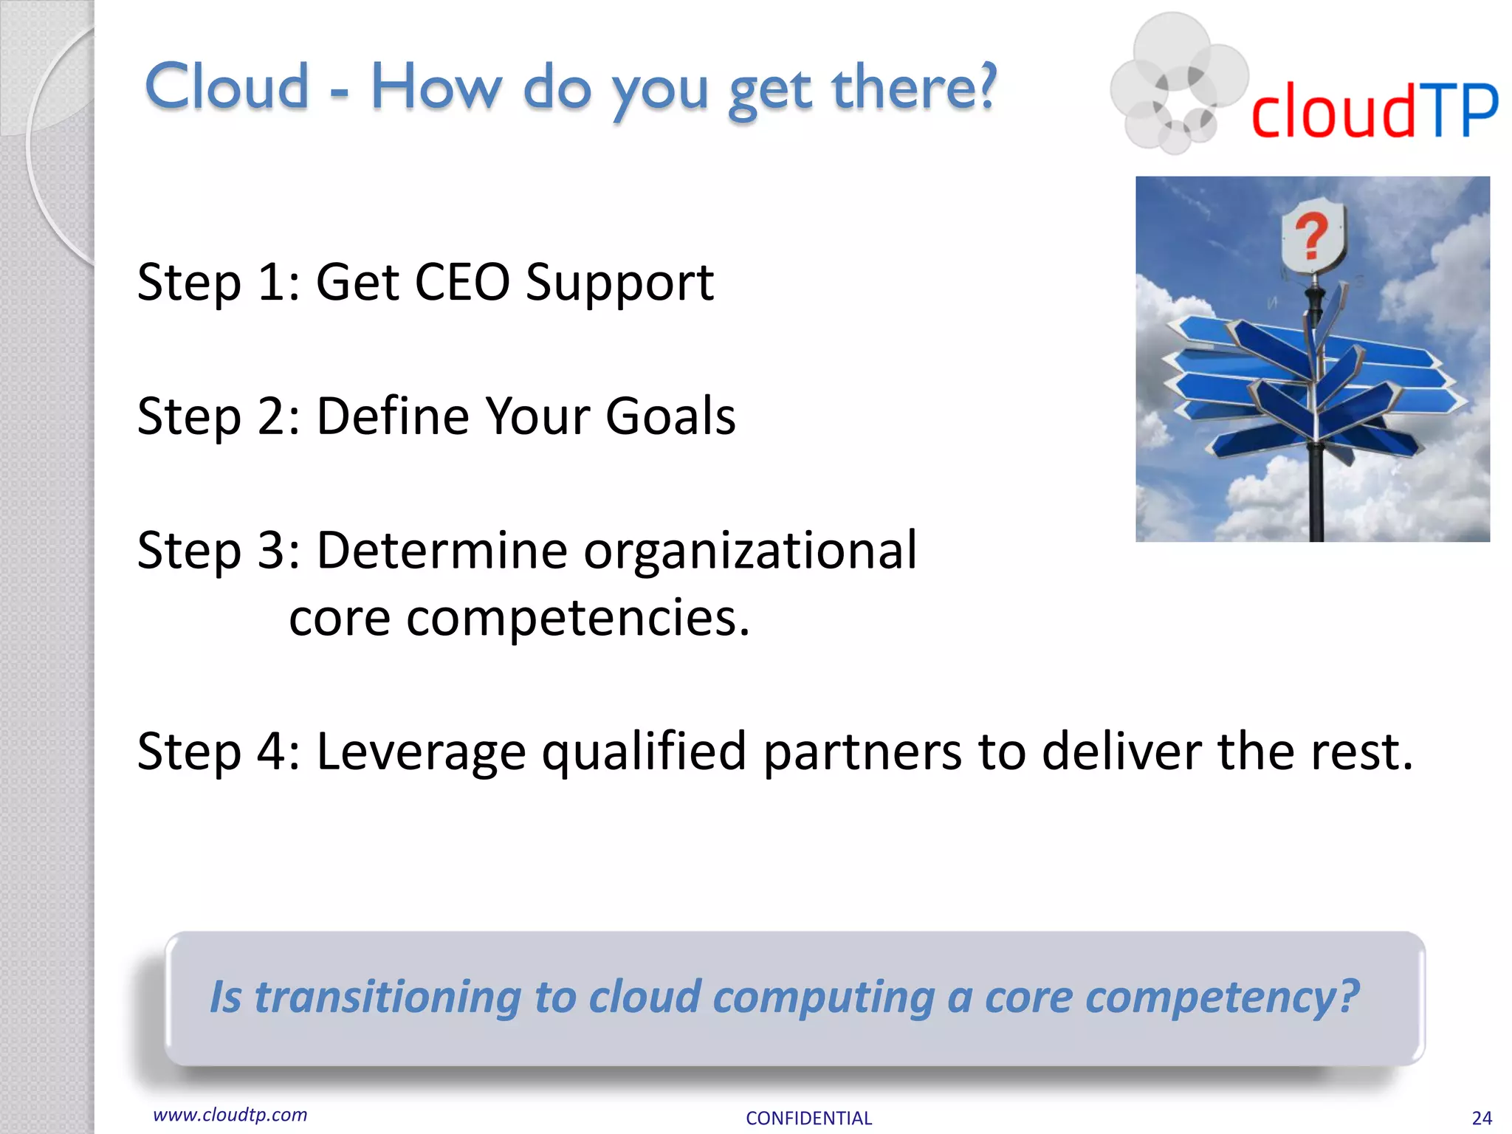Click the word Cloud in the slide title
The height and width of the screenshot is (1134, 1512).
click(227, 86)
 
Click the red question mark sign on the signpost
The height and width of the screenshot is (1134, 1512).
click(1312, 236)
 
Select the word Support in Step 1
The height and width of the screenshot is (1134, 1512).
click(619, 283)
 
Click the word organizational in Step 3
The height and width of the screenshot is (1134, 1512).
click(750, 551)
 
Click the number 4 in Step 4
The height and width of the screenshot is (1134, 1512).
click(271, 752)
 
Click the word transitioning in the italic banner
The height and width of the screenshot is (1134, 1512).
click(388, 997)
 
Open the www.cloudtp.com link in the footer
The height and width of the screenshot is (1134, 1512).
click(230, 1115)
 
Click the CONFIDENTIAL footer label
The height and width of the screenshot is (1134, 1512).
click(808, 1118)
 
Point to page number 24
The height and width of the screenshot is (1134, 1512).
click(1481, 1118)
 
